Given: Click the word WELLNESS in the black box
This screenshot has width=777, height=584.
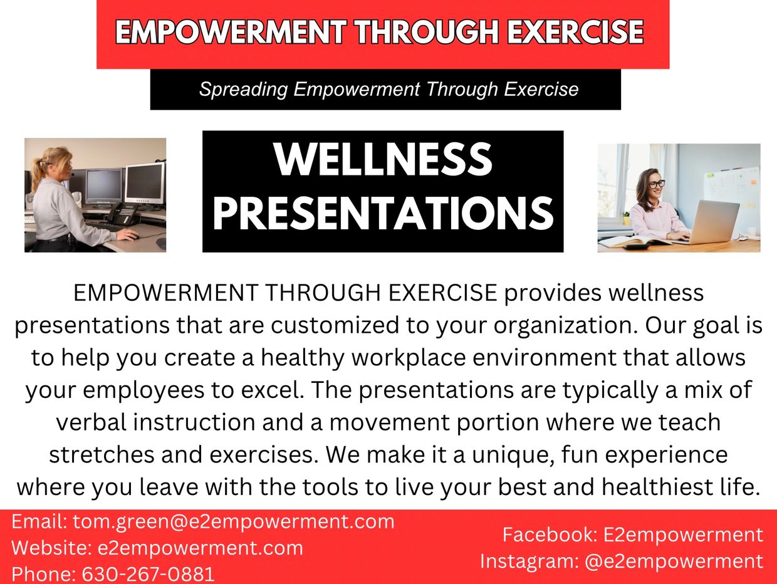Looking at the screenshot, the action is click(383, 159).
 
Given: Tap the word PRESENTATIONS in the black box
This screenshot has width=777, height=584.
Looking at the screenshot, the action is click(383, 214).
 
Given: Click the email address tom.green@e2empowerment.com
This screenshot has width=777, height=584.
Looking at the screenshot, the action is click(234, 522).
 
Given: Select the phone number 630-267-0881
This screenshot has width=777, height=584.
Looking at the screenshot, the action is click(149, 574).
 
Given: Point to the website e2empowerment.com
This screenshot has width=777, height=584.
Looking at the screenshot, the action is click(201, 548).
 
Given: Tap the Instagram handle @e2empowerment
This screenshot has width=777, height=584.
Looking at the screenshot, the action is click(674, 561).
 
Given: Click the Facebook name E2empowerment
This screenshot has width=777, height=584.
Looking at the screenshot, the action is click(683, 534).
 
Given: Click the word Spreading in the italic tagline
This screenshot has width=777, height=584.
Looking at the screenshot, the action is click(243, 90).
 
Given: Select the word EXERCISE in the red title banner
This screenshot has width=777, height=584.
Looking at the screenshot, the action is click(575, 32).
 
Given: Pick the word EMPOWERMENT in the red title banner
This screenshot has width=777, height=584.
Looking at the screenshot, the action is click(231, 32).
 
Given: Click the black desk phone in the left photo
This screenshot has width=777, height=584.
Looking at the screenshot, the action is click(123, 214).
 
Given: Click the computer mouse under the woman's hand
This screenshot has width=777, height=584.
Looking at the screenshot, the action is click(132, 236).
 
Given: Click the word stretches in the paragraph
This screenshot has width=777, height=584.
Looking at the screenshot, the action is click(102, 455).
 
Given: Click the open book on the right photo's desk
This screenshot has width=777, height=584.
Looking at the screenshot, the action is click(634, 242).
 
